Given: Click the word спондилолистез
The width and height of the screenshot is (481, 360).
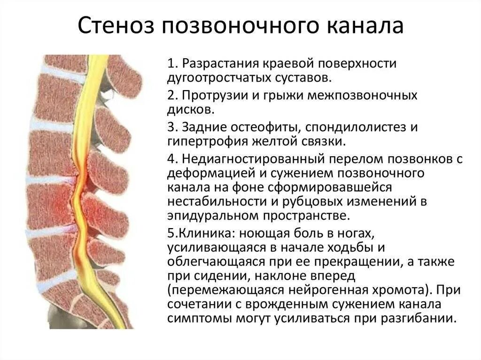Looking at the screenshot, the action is coord(351,127).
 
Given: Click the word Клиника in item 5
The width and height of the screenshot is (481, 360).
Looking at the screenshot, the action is coord(196,233).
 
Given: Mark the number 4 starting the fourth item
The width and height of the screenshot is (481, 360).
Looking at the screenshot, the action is coord(170,159).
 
